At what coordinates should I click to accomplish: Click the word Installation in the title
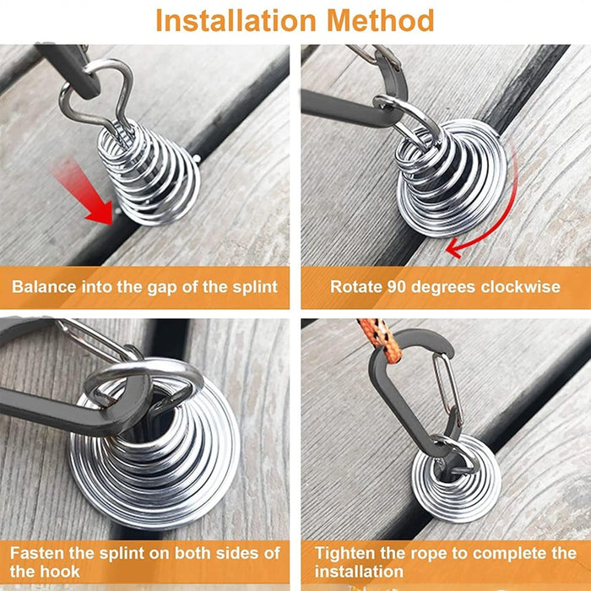click(x=236, y=21)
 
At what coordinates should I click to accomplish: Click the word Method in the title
click(x=381, y=21)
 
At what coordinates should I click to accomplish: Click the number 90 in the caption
click(x=398, y=287)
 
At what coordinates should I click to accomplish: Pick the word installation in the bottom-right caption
click(x=359, y=572)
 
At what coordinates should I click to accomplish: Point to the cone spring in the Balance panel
click(x=149, y=173)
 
